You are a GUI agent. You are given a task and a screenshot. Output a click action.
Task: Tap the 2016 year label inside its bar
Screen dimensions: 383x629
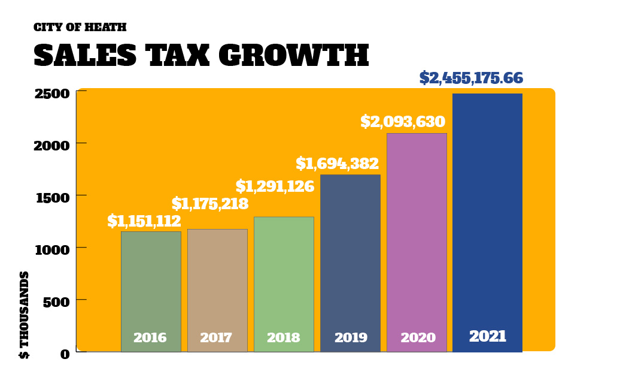click(150, 338)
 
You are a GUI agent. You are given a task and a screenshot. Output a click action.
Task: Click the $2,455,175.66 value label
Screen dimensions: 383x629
click(471, 78)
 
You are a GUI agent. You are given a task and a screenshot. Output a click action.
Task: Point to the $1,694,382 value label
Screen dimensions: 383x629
click(337, 164)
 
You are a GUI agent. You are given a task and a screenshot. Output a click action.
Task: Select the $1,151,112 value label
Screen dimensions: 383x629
click(144, 221)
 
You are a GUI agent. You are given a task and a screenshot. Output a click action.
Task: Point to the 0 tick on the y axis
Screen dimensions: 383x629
click(65, 354)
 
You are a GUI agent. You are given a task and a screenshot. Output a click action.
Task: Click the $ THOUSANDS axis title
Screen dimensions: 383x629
click(25, 315)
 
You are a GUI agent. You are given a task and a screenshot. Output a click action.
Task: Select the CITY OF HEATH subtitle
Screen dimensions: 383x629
click(80, 28)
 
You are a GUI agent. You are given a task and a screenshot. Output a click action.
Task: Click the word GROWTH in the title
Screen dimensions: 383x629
click(293, 56)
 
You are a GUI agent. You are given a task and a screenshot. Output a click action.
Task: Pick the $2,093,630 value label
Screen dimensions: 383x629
click(402, 122)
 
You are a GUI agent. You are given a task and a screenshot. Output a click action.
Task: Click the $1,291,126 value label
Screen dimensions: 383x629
click(275, 186)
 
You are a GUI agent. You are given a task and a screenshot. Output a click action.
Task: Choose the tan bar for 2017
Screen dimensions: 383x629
click(217, 282)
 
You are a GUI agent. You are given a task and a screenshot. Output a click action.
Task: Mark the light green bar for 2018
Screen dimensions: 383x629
click(284, 276)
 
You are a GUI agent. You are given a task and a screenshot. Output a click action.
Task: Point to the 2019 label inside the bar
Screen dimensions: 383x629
click(351, 338)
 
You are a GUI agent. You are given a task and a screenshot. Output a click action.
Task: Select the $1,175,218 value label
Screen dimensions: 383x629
click(209, 204)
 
